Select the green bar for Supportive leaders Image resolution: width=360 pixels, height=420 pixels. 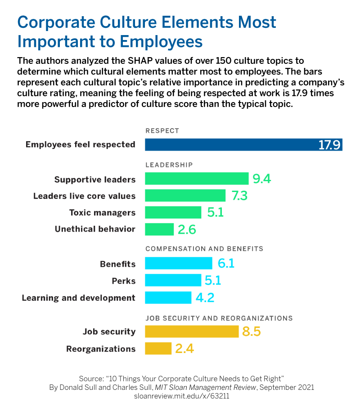coord(197,179)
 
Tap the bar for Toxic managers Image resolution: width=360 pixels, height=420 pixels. coord(173,212)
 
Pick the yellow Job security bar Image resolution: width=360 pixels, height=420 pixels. coord(192,331)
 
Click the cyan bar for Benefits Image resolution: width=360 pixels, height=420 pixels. coord(178,264)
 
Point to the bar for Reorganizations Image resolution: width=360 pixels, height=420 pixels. coord(158,349)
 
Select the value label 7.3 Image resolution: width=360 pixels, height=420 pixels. coord(239,196)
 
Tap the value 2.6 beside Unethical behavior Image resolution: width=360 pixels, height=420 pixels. coord(187,229)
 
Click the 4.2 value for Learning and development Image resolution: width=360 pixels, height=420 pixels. coord(204,298)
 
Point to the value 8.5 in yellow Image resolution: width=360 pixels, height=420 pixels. coord(252,332)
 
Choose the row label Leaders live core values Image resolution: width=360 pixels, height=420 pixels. coord(84,196)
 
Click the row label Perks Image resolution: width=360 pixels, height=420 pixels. coord(123,281)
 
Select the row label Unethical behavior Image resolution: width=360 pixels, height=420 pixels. coord(95,229)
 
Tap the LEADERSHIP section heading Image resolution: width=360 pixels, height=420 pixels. coord(169,165)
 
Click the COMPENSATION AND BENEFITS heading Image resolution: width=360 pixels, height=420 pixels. coord(204,249)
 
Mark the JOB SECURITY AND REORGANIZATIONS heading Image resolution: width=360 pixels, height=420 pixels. coord(219,318)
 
